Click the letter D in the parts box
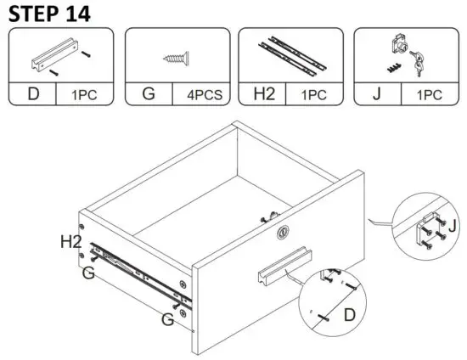tap(33, 93)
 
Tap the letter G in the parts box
tap(149, 93)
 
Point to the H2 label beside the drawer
tap(71, 242)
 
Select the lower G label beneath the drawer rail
tap(168, 319)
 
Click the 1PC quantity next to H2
tap(317, 94)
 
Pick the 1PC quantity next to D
tap(87, 94)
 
